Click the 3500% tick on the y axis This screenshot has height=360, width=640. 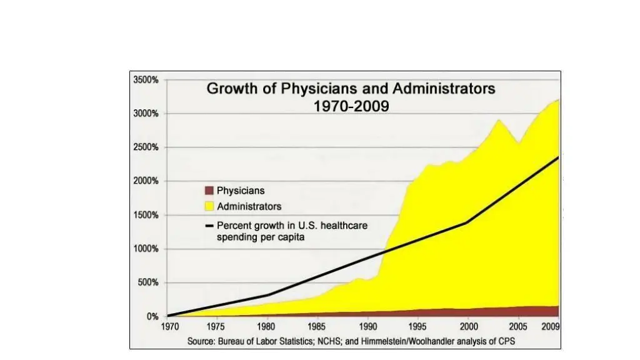pyautogui.click(x=144, y=80)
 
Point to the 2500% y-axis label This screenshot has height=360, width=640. pyautogui.click(x=144, y=147)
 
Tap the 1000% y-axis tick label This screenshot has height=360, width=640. pyautogui.click(x=144, y=249)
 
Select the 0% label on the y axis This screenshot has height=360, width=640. pyautogui.click(x=152, y=317)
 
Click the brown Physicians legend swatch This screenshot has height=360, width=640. pyautogui.click(x=209, y=191)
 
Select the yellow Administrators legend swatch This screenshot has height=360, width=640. pyautogui.click(x=209, y=206)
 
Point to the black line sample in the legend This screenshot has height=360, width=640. pyautogui.click(x=209, y=226)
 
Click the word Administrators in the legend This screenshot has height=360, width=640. pyautogui.click(x=249, y=206)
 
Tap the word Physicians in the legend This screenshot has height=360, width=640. pyautogui.click(x=241, y=191)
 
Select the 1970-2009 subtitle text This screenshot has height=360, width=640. pyautogui.click(x=351, y=107)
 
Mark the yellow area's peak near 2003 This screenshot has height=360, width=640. pyautogui.click(x=498, y=120)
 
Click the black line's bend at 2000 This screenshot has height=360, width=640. pyautogui.click(x=467, y=222)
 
